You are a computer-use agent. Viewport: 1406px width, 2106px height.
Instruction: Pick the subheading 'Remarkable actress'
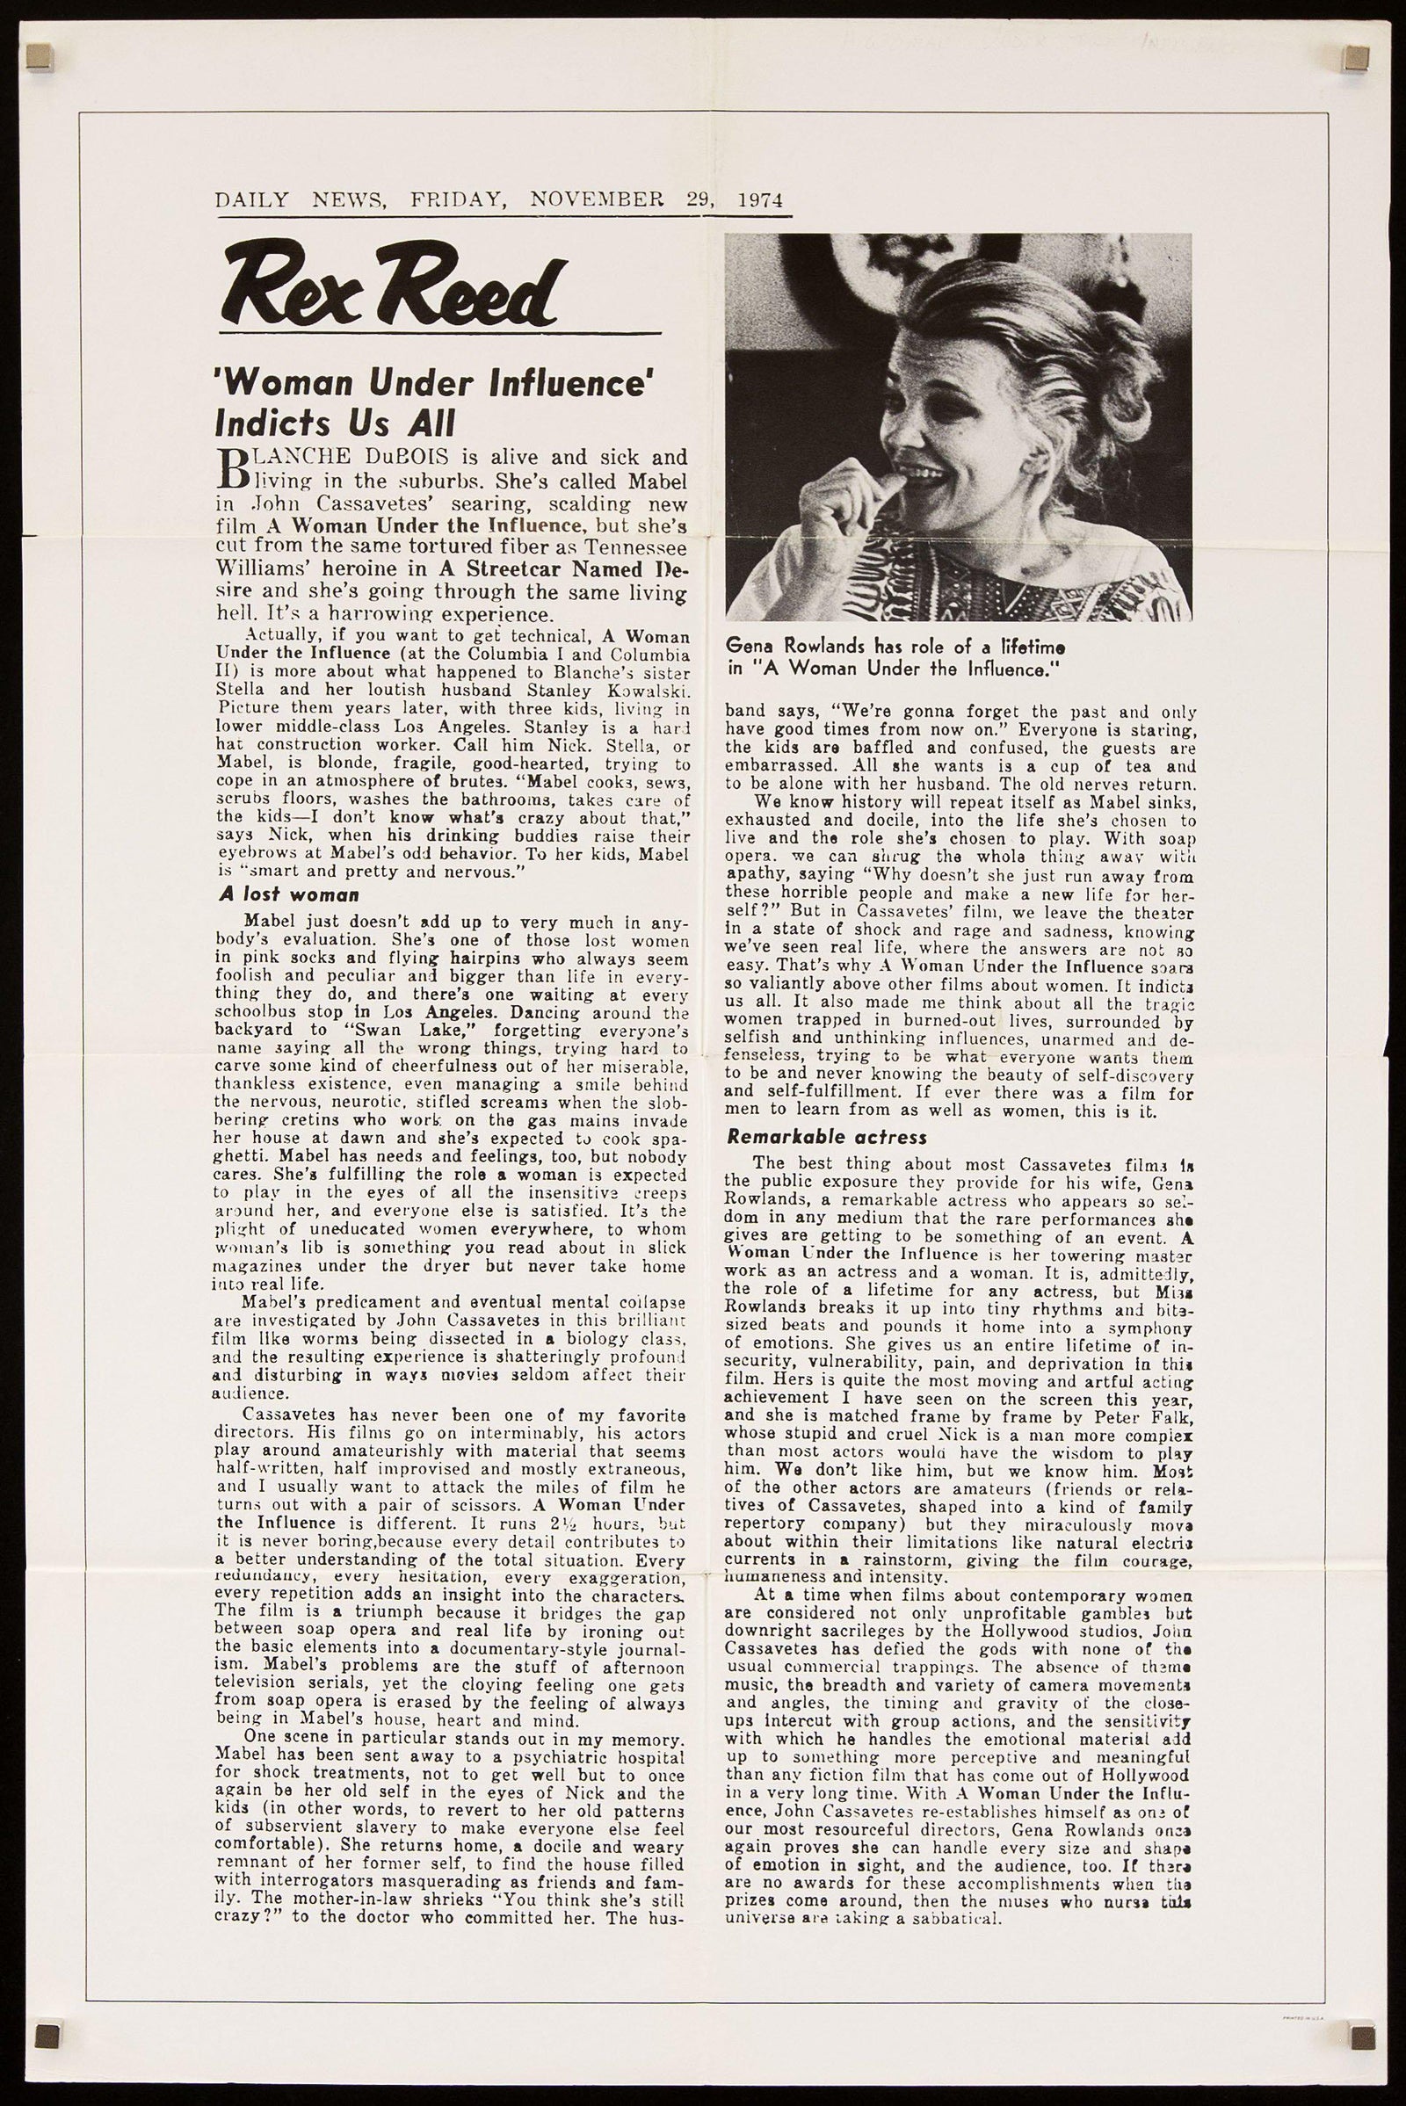pos(826,1137)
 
